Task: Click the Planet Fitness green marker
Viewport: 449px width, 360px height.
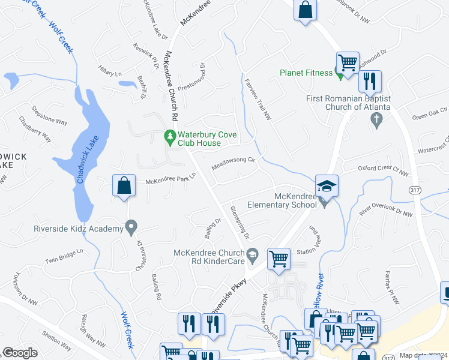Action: (340, 73)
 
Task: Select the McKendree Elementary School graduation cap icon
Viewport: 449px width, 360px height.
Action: (327, 186)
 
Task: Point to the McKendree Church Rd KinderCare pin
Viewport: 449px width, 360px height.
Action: (253, 254)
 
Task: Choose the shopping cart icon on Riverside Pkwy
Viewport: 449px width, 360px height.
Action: (279, 259)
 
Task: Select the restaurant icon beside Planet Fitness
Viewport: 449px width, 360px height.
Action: (370, 81)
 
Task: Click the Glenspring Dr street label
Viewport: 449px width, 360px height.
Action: (239, 220)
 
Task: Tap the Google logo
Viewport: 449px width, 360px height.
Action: (20, 353)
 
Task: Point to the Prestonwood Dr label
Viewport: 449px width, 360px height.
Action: (196, 77)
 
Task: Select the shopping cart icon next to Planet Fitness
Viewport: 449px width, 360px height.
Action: (348, 62)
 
